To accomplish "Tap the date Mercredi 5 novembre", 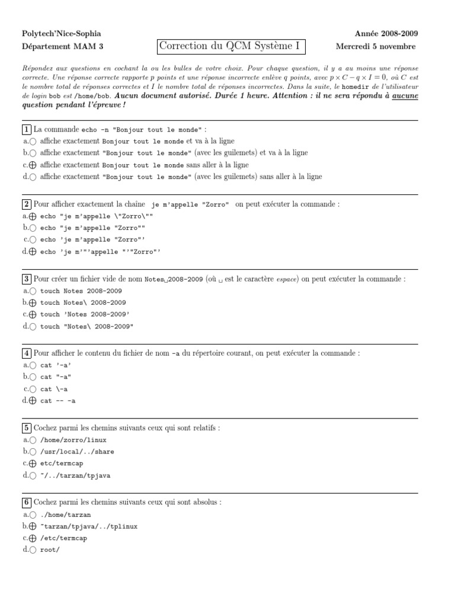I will [x=375, y=47].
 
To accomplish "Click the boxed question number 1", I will [x=27, y=129].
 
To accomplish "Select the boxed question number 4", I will [x=27, y=353].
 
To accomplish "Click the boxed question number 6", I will [x=27, y=502].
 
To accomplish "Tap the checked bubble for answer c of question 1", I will [x=33, y=165].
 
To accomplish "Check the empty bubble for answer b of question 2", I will [x=33, y=228].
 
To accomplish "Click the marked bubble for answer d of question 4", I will [x=33, y=401].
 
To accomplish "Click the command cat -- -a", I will [x=58, y=401].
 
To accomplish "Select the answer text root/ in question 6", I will [x=50, y=550].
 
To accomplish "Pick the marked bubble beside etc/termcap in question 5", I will [x=33, y=464].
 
